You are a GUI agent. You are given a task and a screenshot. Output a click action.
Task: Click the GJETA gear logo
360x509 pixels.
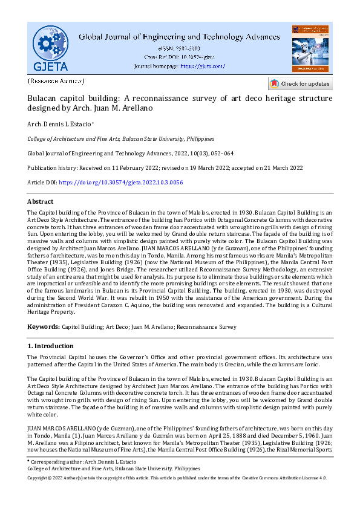[50, 47]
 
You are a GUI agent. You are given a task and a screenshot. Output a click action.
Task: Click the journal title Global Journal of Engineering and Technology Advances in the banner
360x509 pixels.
[179, 36]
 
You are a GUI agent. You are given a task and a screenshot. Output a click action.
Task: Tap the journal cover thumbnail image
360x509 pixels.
[310, 49]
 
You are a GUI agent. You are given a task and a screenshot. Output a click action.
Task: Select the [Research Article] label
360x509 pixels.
[56, 81]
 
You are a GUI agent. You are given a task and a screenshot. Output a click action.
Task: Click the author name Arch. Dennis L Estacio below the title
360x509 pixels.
[59, 124]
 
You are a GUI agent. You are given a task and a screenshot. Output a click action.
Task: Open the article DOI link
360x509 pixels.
[121, 182]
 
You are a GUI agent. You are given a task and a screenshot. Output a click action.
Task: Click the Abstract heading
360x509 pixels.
[41, 201]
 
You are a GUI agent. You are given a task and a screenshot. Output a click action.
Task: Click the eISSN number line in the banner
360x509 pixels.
[179, 48]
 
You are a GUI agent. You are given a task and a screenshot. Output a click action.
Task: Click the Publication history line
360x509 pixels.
[165, 167]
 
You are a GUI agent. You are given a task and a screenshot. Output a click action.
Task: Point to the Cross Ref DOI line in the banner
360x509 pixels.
[179, 57]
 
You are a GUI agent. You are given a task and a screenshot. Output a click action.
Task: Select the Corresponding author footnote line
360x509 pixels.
[88, 461]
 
